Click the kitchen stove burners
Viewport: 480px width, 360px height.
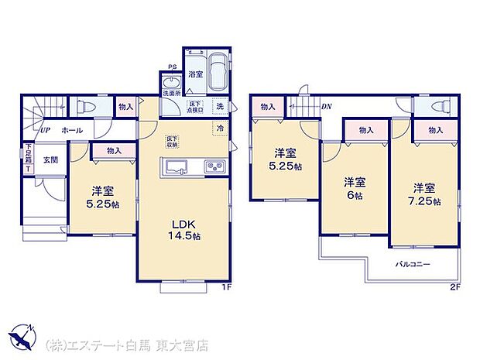(x=214, y=167)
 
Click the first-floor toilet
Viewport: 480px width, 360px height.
(x=87, y=106)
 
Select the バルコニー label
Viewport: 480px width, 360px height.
(x=413, y=264)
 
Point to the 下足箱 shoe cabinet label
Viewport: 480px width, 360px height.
(x=28, y=157)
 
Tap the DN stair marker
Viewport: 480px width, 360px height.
(x=327, y=106)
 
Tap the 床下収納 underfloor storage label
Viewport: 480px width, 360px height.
(x=172, y=141)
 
